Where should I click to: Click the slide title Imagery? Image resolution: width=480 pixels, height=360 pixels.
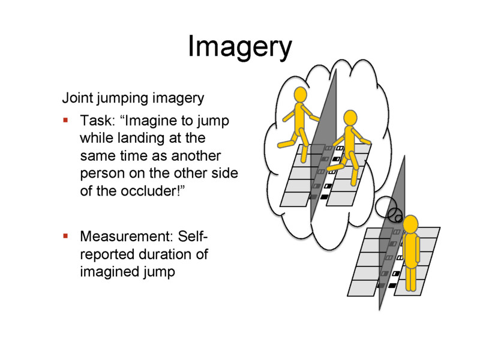pos(239,46)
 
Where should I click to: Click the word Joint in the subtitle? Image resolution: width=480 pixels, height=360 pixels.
pos(77,97)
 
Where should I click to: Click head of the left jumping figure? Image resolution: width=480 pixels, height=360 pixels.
pos(299,94)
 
